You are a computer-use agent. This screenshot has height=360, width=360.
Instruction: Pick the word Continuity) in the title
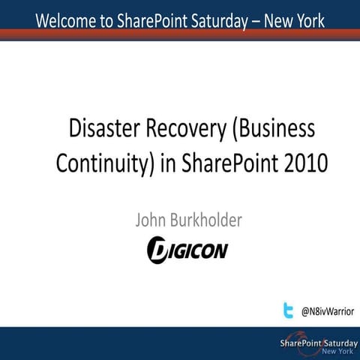point(105,162)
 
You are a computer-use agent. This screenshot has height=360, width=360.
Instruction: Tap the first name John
point(152,220)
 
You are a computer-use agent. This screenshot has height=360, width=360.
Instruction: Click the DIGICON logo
point(187,249)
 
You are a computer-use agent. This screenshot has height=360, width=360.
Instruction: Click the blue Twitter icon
point(288,310)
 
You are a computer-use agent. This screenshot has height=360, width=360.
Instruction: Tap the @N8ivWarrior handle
point(327,310)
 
